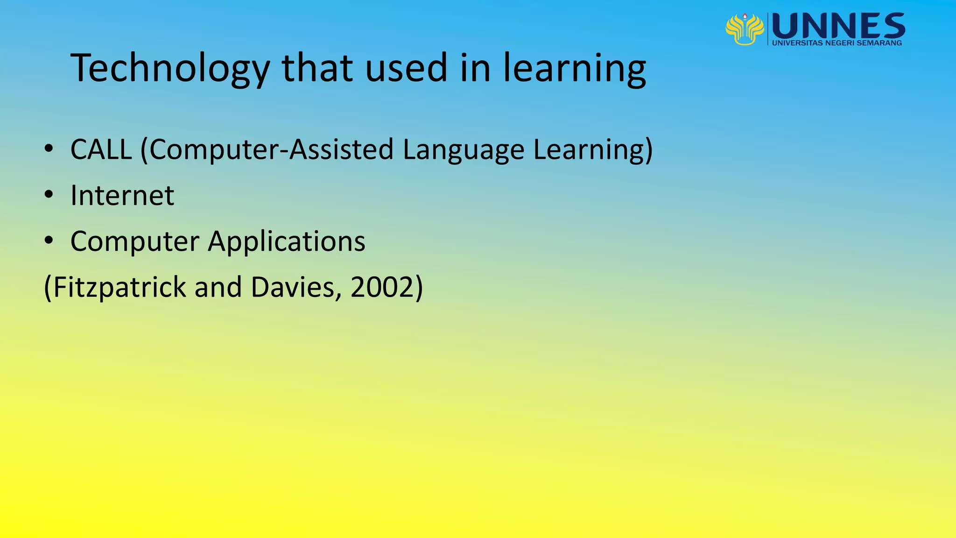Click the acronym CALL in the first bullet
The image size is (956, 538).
(x=101, y=150)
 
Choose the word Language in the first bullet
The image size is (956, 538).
(x=464, y=150)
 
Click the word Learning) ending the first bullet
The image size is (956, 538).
(x=593, y=150)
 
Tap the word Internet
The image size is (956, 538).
(x=122, y=195)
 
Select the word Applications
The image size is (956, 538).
(x=287, y=241)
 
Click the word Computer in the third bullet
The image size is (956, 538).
(x=135, y=241)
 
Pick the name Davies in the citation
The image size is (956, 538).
(x=293, y=287)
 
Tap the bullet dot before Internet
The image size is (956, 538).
(x=49, y=195)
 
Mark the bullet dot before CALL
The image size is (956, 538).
(x=49, y=149)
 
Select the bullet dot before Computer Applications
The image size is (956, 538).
(x=49, y=241)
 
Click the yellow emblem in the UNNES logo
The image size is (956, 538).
(x=745, y=29)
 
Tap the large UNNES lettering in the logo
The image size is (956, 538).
(x=838, y=26)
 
